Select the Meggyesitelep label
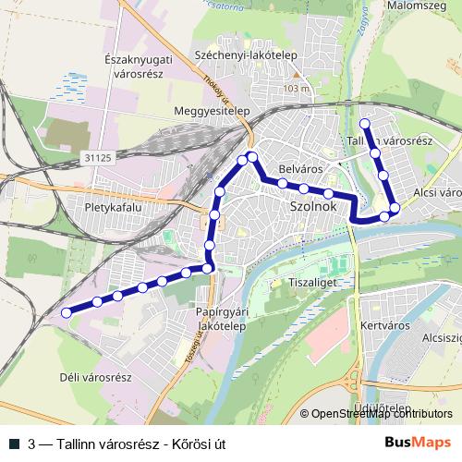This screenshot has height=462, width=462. pos(213,111)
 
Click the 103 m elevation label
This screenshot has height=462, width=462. pos(297,88)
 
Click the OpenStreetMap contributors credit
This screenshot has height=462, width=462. pos(381,414)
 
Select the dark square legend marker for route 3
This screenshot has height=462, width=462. pos(13,444)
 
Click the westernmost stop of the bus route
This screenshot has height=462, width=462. pos(66,313)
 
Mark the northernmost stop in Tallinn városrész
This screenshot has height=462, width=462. pos(364,123)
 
